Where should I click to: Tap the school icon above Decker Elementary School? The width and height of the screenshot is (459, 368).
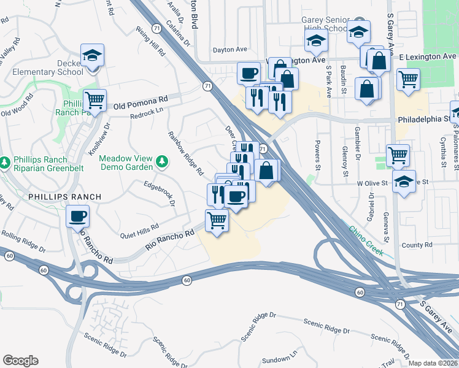pos(92,56)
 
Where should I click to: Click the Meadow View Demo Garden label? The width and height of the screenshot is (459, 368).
pos(125,162)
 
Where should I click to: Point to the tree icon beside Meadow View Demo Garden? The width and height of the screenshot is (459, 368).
pos(162,161)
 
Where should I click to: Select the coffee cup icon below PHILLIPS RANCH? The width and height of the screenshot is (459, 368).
pos(78,217)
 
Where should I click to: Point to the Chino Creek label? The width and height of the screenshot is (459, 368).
pos(366,241)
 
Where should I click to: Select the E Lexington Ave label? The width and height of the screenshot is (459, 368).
pos(428,56)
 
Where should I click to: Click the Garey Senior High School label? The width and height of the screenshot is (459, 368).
pos(325,24)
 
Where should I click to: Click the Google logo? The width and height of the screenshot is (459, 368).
pos(20,360)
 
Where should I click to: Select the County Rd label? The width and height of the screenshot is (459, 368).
pos(417,245)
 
